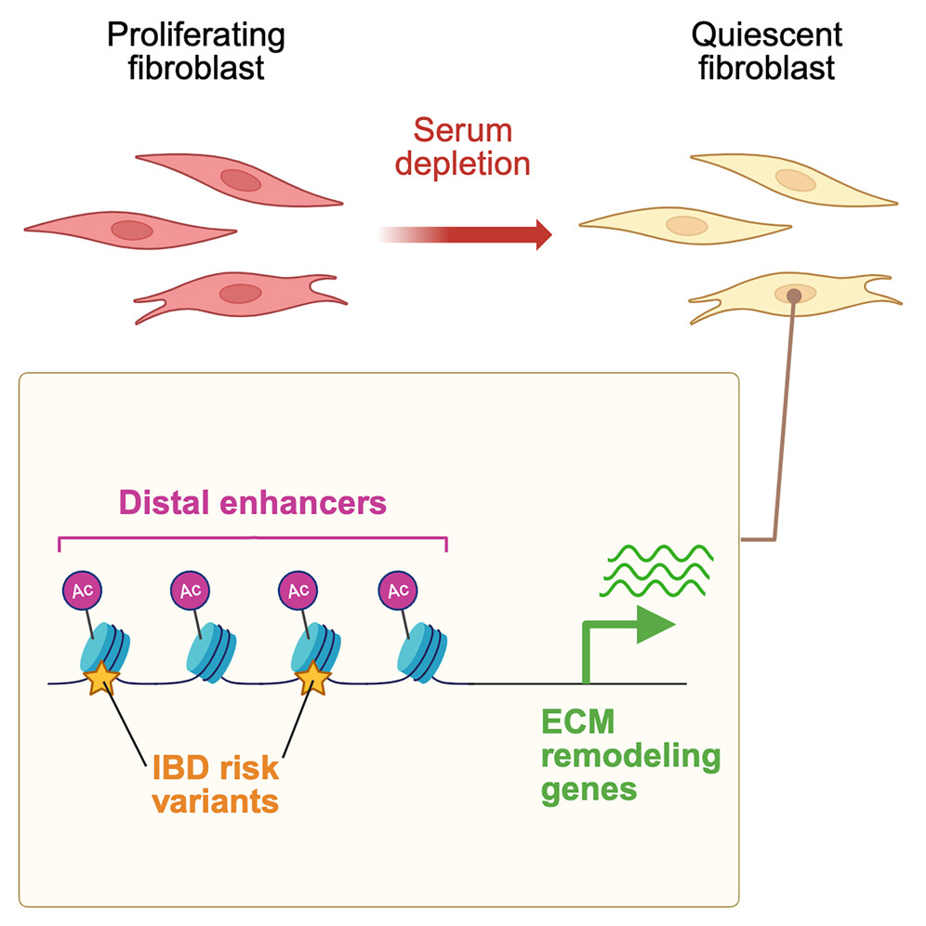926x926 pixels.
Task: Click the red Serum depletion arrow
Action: click(x=483, y=233)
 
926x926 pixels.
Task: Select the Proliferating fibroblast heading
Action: click(x=195, y=52)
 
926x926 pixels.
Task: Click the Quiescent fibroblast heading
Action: click(x=766, y=52)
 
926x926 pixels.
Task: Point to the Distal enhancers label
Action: click(x=253, y=503)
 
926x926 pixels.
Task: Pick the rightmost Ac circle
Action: click(x=399, y=589)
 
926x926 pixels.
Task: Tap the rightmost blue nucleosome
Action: click(x=423, y=649)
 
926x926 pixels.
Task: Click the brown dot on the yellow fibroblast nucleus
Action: click(x=794, y=295)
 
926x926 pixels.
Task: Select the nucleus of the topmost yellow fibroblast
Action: click(x=795, y=179)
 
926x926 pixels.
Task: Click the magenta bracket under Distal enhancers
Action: click(x=253, y=537)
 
